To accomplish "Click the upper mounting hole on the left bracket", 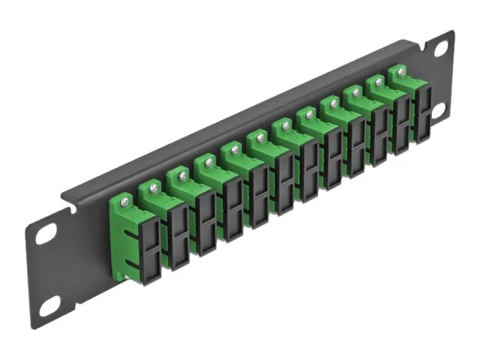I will tap(47, 235).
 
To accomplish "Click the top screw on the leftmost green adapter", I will tap(124, 199).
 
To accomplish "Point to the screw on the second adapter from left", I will tap(152, 186).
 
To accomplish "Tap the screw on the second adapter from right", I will tap(376, 82).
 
